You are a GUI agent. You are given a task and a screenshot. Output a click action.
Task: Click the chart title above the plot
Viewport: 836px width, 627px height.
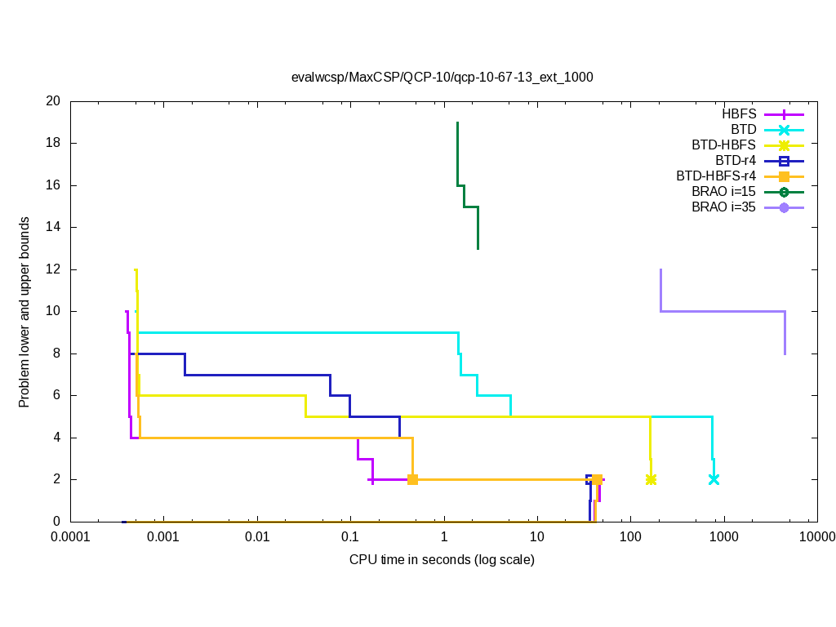[x=442, y=78]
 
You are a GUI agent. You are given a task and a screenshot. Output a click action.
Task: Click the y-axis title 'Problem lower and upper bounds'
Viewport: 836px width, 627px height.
[x=25, y=313]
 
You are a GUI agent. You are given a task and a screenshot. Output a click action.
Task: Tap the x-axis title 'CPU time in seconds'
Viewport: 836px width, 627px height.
[x=442, y=560]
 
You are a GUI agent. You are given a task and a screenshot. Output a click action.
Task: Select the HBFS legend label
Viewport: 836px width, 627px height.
[x=739, y=114]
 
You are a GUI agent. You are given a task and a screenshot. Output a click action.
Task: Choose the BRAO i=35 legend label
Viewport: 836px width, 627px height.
[x=723, y=207]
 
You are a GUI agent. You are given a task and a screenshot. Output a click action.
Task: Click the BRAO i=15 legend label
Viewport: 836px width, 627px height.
[x=723, y=192]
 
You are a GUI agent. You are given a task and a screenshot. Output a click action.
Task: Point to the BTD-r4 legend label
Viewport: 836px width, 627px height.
[x=735, y=161]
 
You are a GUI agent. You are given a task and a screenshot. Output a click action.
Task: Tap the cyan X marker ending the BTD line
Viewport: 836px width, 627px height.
[x=714, y=479]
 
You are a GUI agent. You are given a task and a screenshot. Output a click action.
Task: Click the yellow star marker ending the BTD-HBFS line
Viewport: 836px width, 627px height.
[x=651, y=479]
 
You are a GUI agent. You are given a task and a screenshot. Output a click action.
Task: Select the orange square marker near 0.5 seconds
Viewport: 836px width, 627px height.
[x=412, y=479]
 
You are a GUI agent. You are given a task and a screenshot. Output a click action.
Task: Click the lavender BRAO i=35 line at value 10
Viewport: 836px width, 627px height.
[x=723, y=311]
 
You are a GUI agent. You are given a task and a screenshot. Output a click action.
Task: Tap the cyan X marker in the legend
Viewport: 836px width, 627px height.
[x=784, y=130]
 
